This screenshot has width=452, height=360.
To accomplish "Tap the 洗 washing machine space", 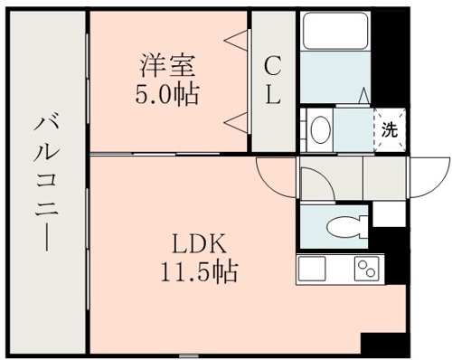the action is pos(390,128).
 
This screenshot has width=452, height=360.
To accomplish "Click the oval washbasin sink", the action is pos(320,129).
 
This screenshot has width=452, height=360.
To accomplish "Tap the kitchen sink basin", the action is pos(312,269).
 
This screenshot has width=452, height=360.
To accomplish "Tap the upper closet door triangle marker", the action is pos(238,39).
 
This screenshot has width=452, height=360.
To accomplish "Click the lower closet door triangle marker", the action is pos(238,120).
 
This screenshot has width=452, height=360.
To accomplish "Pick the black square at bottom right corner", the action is pos(380,346).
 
